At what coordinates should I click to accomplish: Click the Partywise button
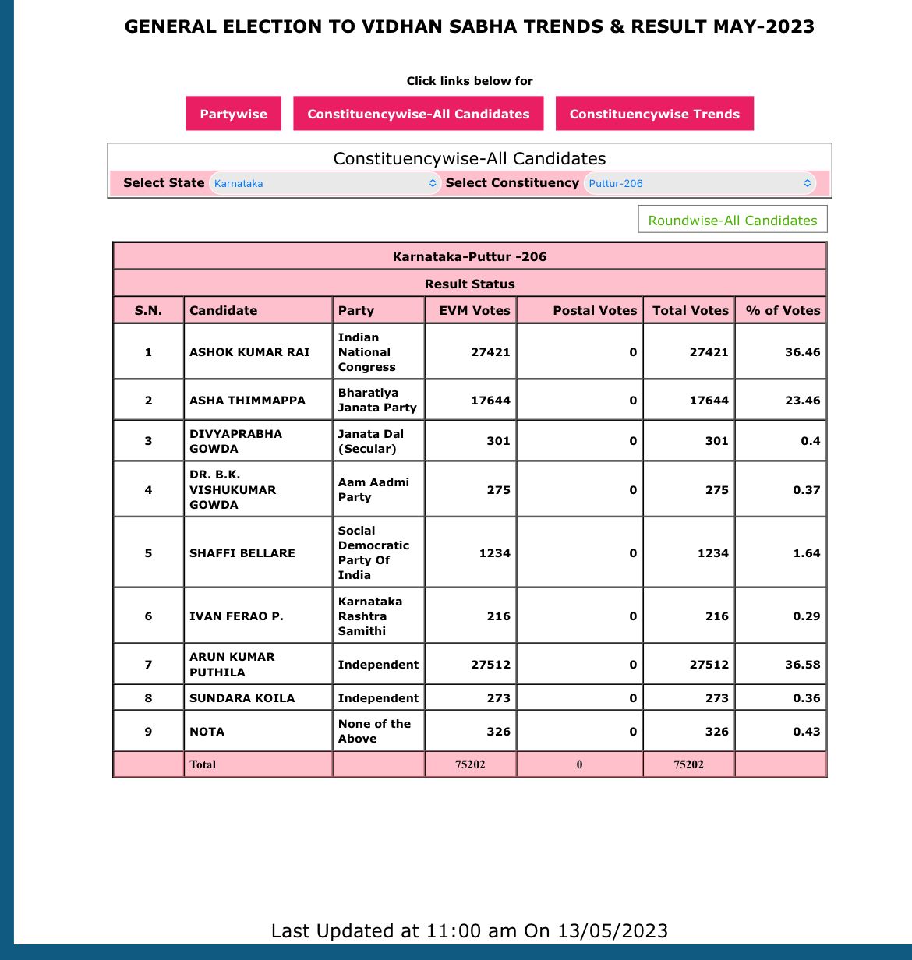point(233,114)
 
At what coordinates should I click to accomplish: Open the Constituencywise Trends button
point(654,114)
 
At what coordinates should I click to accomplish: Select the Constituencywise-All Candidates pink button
point(418,114)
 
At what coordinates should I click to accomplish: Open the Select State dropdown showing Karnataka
point(324,184)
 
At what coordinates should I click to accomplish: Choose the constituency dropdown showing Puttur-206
point(699,184)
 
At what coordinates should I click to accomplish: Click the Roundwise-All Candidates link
point(732,221)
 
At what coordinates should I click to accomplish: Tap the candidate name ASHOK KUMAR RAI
point(249,352)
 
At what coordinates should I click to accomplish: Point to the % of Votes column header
point(783,310)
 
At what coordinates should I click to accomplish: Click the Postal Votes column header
point(595,310)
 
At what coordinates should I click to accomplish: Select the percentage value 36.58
point(802,665)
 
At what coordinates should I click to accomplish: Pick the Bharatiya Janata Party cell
point(377,401)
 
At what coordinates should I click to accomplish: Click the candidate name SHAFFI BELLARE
point(242,553)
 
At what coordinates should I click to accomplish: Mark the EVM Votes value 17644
point(490,401)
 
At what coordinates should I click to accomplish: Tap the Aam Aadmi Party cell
point(373,490)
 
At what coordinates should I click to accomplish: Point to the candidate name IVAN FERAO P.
point(236,616)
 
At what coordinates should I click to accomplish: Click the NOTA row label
point(207,732)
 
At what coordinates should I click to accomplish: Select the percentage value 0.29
point(806,616)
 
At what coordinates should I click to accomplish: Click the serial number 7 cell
point(148,665)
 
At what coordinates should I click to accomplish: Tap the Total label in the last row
point(203,764)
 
